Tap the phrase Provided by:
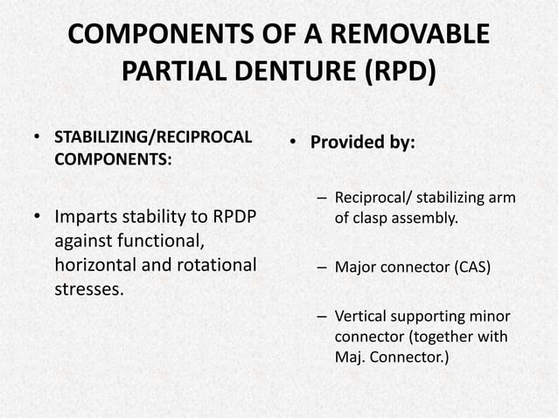click(x=365, y=142)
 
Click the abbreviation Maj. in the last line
click(x=351, y=356)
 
